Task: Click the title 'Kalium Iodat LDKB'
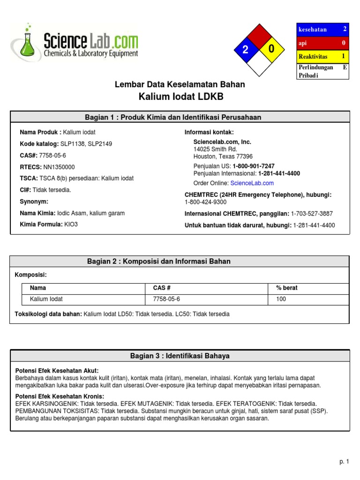[180, 97]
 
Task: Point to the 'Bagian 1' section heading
[180, 117]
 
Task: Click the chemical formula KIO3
[71, 225]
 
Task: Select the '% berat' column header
[287, 288]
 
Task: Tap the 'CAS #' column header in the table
[162, 288]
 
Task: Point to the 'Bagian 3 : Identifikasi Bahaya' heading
[180, 356]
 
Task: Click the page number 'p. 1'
[344, 462]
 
